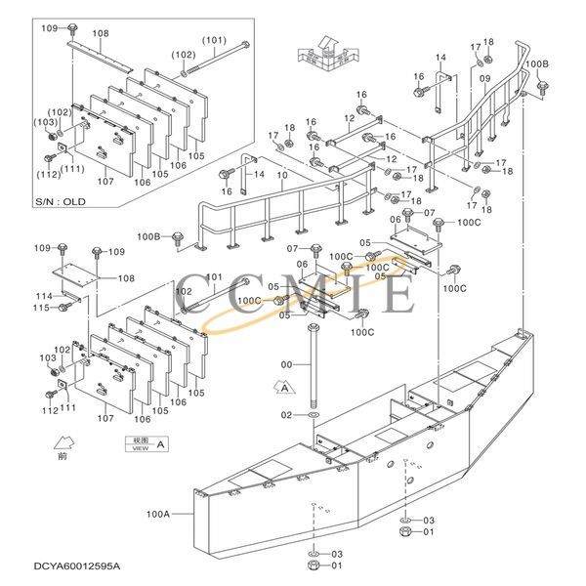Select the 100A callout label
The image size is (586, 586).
click(159, 513)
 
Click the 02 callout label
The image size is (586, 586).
click(286, 415)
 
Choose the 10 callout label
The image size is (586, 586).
click(281, 176)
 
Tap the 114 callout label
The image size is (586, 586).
click(43, 296)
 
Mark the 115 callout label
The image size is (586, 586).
click(43, 308)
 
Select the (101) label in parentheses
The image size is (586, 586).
click(214, 40)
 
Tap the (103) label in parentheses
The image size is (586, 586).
click(46, 123)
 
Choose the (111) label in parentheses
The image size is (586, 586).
click(73, 169)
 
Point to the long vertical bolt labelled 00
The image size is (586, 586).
click(313, 371)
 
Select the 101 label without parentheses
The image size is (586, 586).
click(214, 277)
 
